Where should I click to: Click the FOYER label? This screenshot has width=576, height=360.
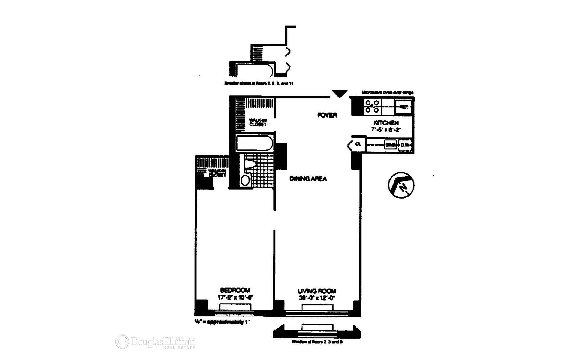coord(327,115)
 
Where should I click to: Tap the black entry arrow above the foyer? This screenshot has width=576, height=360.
coord(340,94)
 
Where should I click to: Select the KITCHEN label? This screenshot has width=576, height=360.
coord(386,123)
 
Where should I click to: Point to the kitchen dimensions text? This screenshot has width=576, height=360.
coord(386,129)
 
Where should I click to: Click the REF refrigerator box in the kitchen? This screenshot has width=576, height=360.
coord(403,106)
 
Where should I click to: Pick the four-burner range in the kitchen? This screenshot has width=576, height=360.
coord(372,106)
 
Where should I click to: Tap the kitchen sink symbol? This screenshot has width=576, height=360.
coord(391,145)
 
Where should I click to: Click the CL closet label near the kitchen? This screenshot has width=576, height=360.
coord(358,144)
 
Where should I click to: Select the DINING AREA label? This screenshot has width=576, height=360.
coord(308,179)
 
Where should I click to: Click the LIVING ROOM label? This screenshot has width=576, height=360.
coord(317,291)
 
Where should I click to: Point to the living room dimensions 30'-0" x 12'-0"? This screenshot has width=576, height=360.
coord(317,298)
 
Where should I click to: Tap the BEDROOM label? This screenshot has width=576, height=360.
coord(235,290)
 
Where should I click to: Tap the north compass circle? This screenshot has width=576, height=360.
coord(401,185)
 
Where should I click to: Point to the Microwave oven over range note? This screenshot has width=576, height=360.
coord(387,92)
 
